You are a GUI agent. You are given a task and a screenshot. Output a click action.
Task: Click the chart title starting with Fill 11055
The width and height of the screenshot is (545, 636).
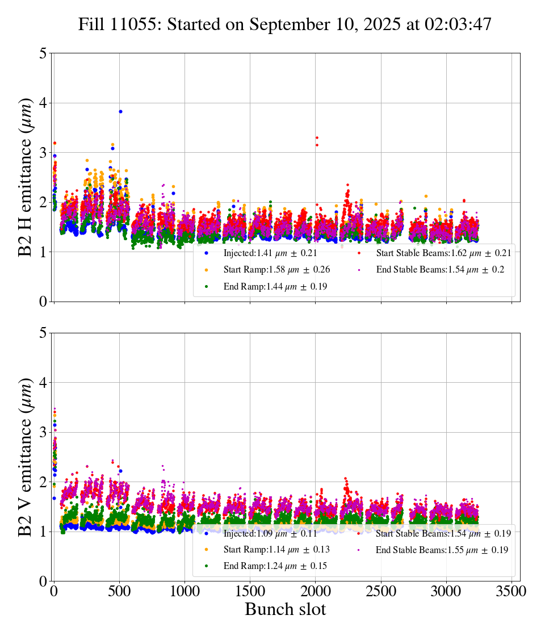[x=284, y=24]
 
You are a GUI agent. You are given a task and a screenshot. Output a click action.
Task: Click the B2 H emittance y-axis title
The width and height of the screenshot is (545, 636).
[x=26, y=177]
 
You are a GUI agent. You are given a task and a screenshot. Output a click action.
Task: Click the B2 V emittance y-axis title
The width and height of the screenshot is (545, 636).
[x=26, y=457]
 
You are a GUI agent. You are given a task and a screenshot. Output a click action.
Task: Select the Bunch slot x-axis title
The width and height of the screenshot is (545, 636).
[x=286, y=609]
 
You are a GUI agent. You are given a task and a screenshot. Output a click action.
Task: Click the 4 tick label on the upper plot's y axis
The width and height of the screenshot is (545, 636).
[x=43, y=103]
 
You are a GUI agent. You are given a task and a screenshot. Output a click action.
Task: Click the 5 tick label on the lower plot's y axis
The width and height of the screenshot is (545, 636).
[x=43, y=333]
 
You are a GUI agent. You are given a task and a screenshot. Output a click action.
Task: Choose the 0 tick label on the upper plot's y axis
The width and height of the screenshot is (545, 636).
[x=43, y=302]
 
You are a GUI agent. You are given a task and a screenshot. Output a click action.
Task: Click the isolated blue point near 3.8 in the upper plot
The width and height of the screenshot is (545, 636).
[x=120, y=111]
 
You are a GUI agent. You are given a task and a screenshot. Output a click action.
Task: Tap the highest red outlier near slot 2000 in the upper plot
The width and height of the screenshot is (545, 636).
[x=317, y=137]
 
